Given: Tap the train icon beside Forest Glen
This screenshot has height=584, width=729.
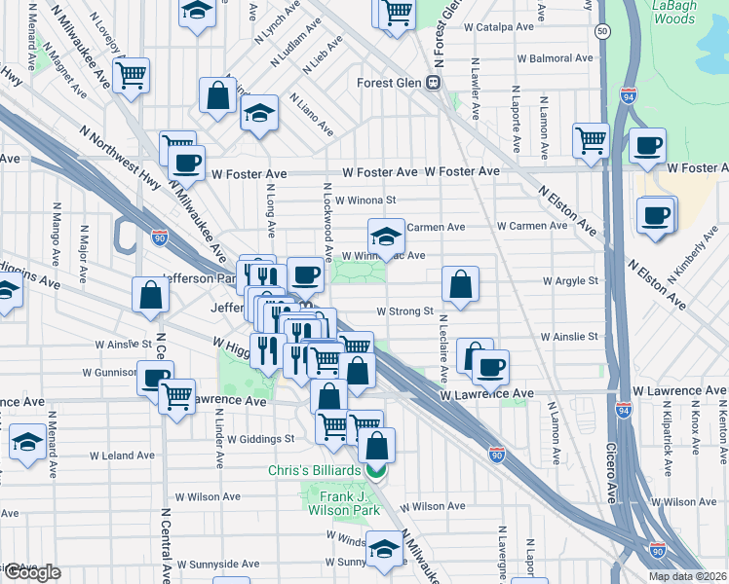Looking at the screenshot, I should point(430,83).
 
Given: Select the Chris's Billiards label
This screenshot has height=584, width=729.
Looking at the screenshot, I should point(316,471).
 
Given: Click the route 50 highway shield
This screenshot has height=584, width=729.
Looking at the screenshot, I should point(604,32).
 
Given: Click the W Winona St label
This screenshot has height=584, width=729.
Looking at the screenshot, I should point(365,201).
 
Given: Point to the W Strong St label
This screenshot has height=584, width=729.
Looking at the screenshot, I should point(404,311).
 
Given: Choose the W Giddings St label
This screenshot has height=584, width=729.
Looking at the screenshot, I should point(261,438).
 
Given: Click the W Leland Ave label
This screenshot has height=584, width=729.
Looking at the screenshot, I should point(122,455).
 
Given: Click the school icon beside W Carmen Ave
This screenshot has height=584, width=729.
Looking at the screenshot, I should point(386,237).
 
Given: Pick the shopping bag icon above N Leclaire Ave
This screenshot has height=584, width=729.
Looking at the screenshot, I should point(460,284).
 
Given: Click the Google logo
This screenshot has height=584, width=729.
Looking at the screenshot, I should point(31,572).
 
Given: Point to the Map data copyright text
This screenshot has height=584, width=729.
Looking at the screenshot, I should point(686,576).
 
